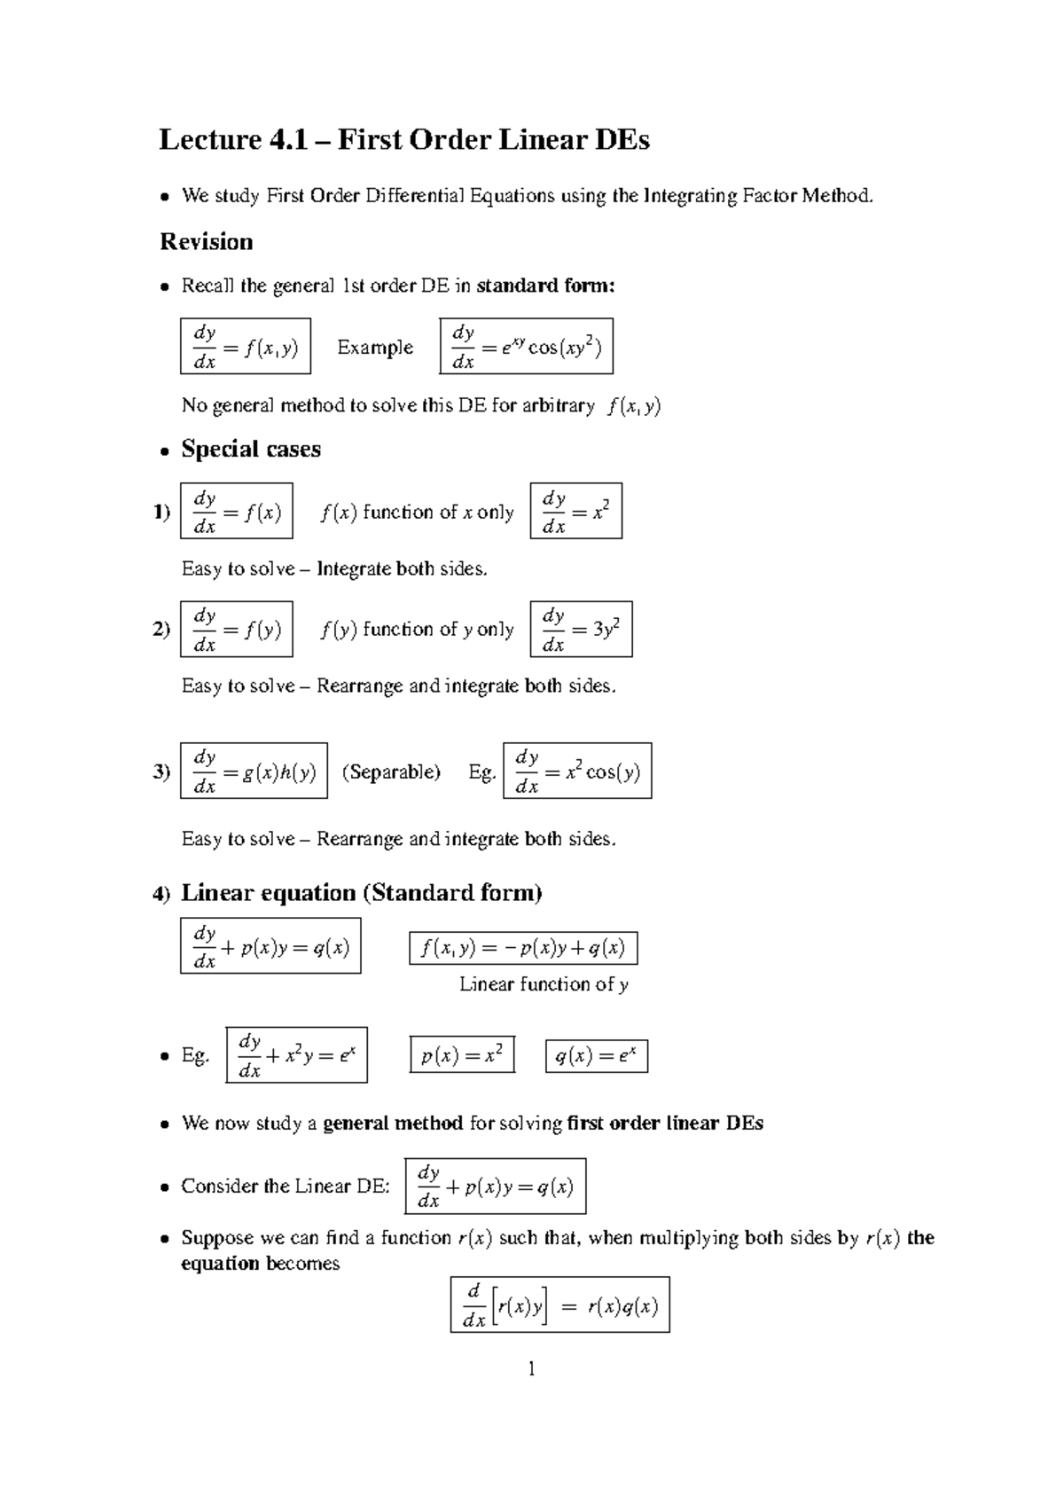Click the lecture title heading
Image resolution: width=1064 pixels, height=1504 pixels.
[403, 140]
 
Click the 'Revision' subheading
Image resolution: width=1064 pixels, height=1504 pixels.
[206, 241]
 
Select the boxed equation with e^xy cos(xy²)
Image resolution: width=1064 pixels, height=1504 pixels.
[526, 346]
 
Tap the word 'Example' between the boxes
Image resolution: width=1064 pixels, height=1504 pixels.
[375, 348]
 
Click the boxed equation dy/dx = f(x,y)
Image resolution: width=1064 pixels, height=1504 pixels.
[245, 346]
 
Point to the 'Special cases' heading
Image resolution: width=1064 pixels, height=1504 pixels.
[251, 449]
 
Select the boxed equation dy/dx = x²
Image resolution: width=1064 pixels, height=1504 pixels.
[575, 511]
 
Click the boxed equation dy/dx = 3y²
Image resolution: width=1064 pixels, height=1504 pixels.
[581, 629]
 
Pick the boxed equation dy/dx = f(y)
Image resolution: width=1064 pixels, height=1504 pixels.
[236, 629]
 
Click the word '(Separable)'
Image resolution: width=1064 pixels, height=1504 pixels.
[391, 772]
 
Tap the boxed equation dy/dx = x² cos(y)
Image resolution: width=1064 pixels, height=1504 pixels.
[577, 771]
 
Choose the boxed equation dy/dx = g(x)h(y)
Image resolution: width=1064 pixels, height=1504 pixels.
[254, 771]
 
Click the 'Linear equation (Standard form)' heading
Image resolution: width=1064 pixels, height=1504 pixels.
[361, 892]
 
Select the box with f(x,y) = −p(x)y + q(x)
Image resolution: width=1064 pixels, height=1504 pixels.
[523, 948]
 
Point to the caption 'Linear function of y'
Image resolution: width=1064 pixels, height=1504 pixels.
[544, 984]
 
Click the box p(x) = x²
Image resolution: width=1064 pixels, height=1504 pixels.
[462, 1055]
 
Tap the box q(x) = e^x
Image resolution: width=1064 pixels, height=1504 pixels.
[596, 1055]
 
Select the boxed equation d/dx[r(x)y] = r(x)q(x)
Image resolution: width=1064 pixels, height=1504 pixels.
[559, 1304]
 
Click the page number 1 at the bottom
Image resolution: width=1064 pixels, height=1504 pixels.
[531, 1369]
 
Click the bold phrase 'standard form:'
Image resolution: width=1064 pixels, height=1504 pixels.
[545, 286]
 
